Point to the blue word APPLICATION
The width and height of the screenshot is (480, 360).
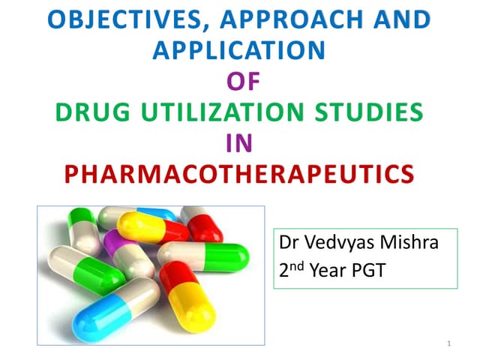(239, 50)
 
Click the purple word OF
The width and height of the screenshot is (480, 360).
(239, 81)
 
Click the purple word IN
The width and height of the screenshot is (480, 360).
(239, 143)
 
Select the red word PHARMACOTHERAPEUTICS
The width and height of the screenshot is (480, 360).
(239, 174)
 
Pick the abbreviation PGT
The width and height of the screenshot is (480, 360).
(369, 271)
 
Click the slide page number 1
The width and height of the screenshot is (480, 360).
(448, 344)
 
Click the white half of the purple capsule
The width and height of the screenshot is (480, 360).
(139, 258)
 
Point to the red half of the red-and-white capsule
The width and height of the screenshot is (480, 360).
(202, 225)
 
